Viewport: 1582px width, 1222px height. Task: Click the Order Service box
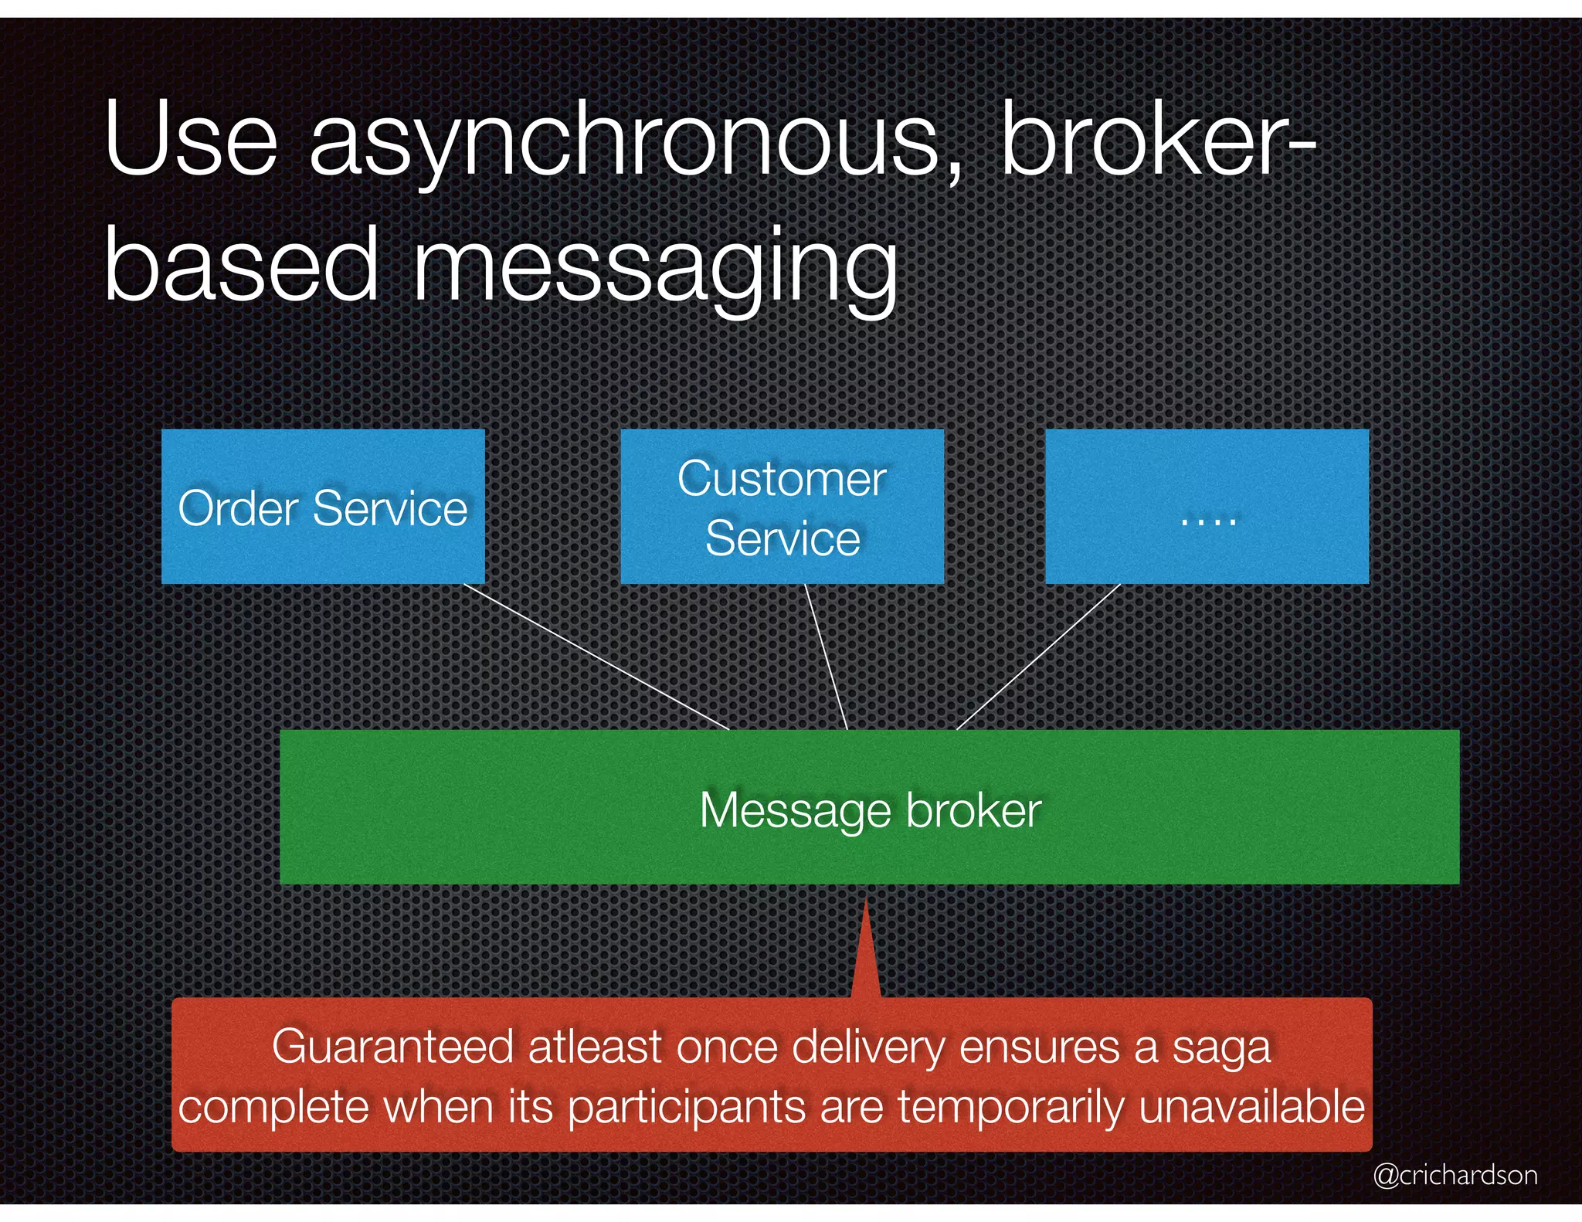(323, 506)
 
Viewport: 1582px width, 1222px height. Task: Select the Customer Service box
(782, 506)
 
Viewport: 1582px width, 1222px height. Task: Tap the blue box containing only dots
(1207, 506)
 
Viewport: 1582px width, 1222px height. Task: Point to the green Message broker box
(869, 806)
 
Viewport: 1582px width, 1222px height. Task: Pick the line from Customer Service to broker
(827, 657)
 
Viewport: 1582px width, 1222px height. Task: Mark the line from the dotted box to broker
(1038, 657)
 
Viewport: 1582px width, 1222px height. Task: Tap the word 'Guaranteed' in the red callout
(392, 1047)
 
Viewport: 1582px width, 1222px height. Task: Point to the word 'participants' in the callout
(687, 1108)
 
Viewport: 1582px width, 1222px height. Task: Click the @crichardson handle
(1455, 1175)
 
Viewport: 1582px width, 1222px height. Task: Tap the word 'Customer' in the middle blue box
(782, 478)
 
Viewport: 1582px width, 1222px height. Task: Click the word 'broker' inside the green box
(973, 810)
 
